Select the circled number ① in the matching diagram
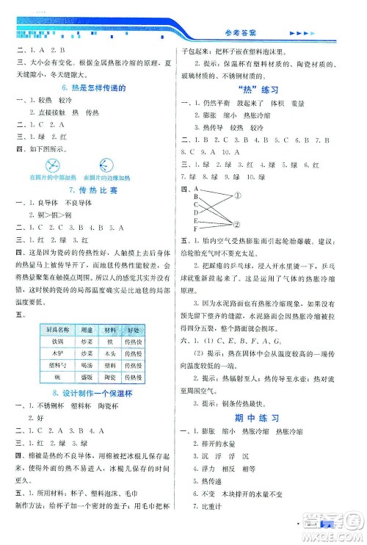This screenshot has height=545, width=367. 239,195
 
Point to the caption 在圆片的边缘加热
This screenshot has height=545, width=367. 108,178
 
